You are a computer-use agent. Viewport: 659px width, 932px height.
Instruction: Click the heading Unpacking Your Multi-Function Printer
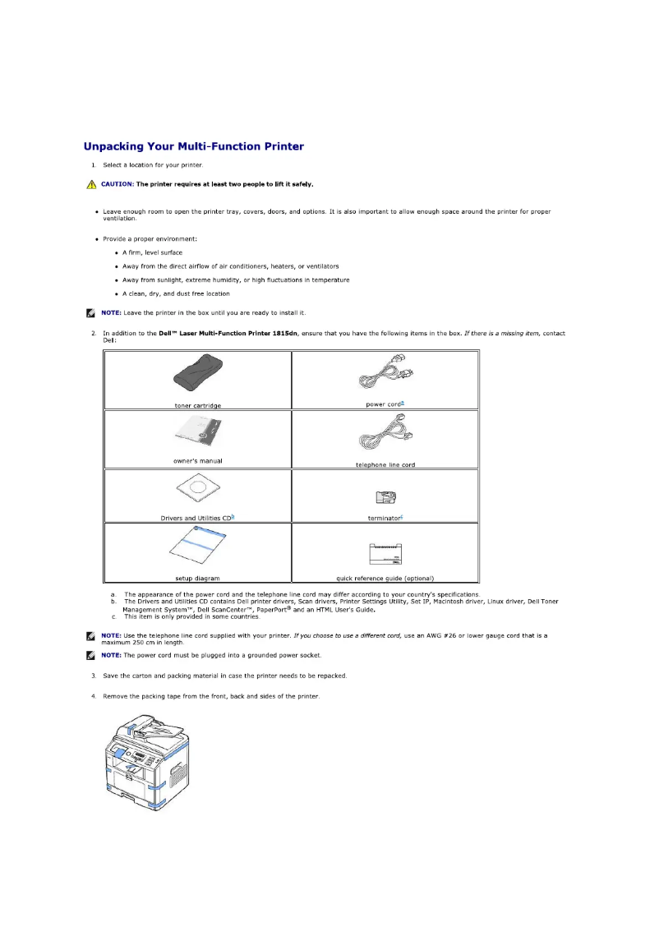coord(194,147)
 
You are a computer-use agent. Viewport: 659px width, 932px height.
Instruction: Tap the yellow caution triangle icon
coord(91,184)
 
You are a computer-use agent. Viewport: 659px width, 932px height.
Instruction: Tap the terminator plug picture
coord(385,496)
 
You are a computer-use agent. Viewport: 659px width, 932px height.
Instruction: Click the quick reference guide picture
coord(385,554)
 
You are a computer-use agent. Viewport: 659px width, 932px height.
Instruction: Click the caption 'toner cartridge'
coord(198,405)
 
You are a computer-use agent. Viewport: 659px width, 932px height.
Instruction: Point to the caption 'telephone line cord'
coord(385,465)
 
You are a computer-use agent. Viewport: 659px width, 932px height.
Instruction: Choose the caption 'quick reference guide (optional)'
coord(385,578)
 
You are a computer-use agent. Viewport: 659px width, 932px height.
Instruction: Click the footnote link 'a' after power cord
coord(402,403)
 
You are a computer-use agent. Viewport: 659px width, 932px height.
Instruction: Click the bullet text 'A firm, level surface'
coord(153,252)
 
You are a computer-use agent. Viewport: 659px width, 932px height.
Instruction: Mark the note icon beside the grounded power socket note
coord(90,655)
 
